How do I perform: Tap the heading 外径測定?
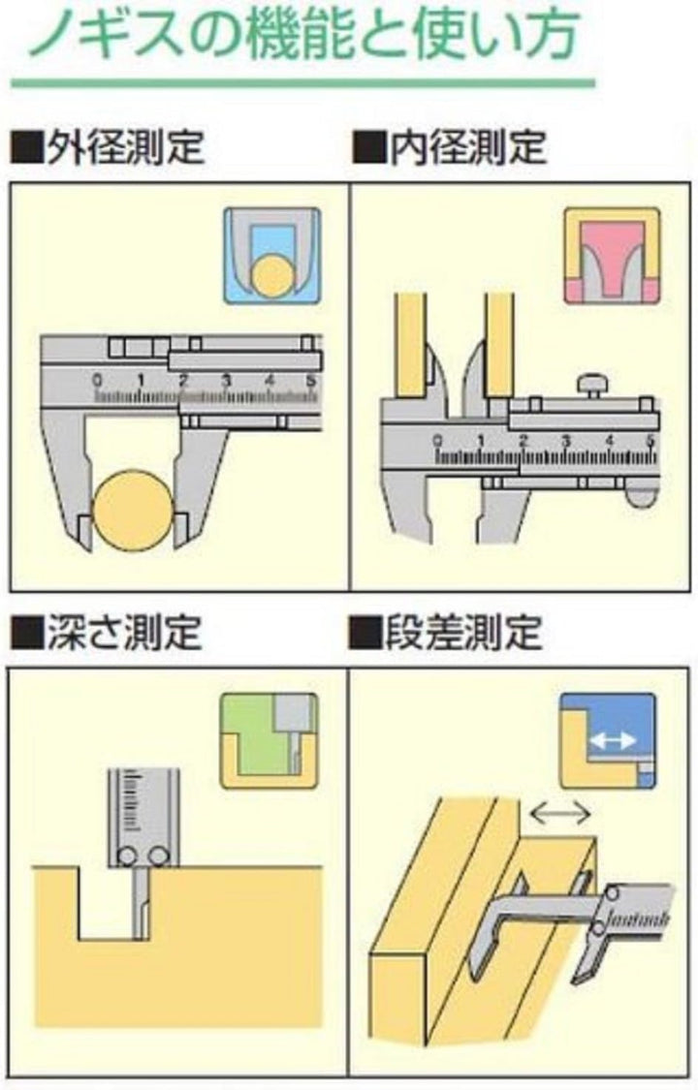click(126, 146)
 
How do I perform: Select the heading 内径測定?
click(468, 146)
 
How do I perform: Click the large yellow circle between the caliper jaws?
click(132, 511)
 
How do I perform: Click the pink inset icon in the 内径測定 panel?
click(611, 255)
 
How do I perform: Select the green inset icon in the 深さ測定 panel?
click(270, 740)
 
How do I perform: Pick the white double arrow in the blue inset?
click(612, 741)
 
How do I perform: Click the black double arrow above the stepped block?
click(559, 812)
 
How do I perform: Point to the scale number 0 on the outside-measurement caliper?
click(97, 380)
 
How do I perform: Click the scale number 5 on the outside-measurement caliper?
click(312, 380)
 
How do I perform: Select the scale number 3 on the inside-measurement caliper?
click(566, 441)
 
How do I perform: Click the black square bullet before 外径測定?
click(26, 146)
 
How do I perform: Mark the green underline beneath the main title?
click(303, 83)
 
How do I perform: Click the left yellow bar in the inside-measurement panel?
click(410, 345)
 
